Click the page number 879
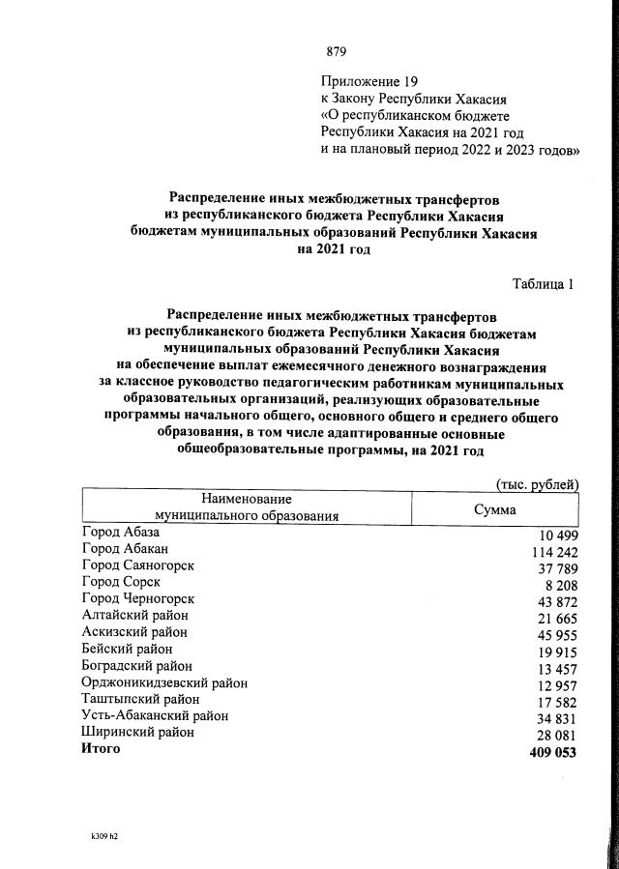337,51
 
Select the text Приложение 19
366,81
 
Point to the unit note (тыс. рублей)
536,483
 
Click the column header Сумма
494,509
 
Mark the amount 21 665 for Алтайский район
552,617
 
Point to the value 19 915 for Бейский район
552,651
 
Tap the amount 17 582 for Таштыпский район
552,700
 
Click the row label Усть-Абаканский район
156,715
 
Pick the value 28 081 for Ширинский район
552,734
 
